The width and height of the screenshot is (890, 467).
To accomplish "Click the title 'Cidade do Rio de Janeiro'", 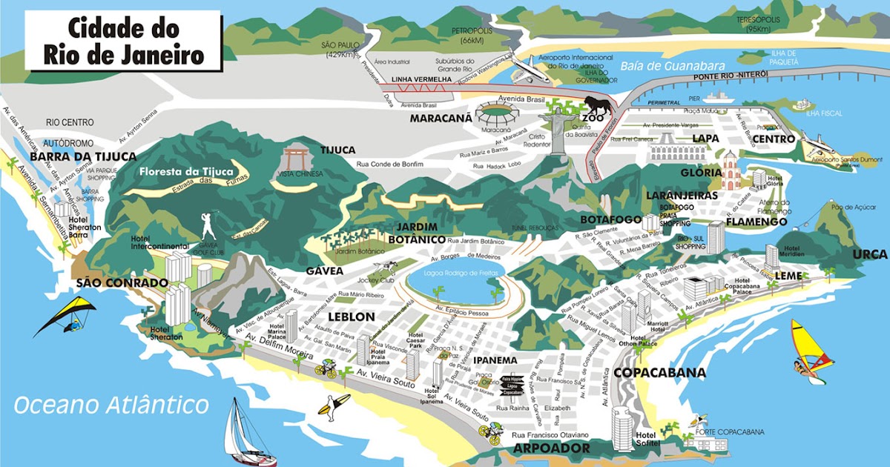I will (x=125, y=42).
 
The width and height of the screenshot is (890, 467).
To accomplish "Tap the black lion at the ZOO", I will (x=598, y=107).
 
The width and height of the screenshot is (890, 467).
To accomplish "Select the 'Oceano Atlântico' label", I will (x=111, y=405).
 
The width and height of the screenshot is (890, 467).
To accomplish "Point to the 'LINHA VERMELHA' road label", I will (x=421, y=80).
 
